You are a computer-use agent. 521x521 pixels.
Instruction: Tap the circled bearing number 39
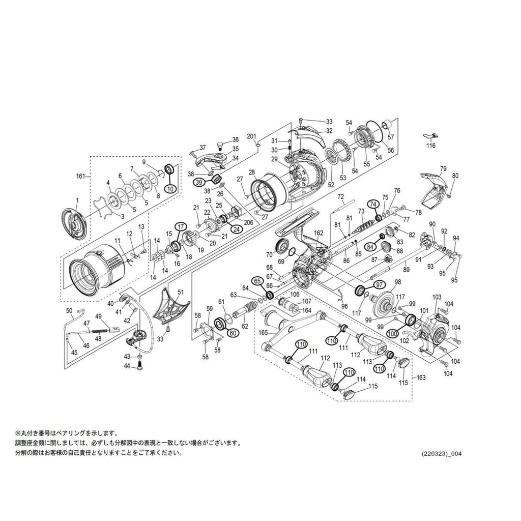point(199,182)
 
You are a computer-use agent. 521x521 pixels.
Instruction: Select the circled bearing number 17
point(181,227)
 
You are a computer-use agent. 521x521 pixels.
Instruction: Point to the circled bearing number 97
point(379,284)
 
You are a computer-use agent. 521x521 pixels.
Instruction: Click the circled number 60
point(232,333)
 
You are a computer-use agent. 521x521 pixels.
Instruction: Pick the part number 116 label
point(430,146)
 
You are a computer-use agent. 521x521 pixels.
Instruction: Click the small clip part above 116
point(430,135)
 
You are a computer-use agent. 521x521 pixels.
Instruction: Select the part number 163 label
point(421,378)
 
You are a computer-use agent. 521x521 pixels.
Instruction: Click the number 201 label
point(252,136)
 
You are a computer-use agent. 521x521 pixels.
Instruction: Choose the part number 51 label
point(181,292)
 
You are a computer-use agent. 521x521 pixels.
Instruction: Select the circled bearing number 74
point(373,205)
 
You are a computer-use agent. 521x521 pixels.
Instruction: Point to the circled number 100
point(393,333)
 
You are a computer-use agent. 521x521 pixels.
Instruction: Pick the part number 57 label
point(391,137)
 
